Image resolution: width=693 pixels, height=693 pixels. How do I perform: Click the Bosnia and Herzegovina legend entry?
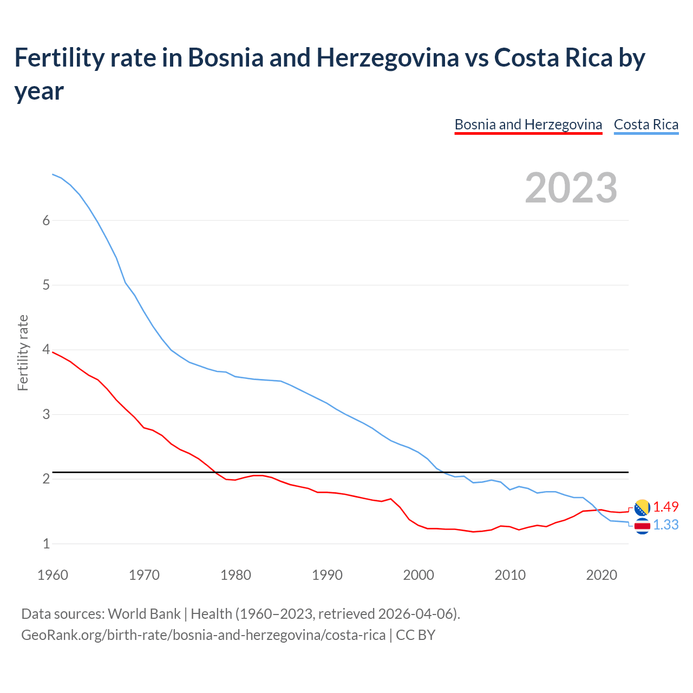(528, 125)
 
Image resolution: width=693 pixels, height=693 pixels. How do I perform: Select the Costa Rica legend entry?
(646, 125)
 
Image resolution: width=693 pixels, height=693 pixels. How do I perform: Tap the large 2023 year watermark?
(571, 187)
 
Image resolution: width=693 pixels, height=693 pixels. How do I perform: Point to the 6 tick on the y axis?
(46, 220)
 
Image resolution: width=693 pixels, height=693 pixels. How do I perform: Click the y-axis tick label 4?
(46, 350)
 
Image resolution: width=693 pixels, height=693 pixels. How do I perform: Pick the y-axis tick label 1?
(46, 544)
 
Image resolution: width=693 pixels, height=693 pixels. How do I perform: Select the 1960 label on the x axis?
(53, 574)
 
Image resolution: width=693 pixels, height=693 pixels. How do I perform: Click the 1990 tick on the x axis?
(327, 574)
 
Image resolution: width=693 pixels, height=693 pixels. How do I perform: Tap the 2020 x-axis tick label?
(602, 574)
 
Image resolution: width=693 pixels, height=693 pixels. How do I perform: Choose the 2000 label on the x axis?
(419, 574)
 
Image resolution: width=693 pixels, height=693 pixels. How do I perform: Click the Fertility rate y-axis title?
(23, 352)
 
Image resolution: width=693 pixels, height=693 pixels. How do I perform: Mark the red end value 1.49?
(665, 507)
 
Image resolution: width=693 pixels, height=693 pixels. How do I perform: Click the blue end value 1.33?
(665, 525)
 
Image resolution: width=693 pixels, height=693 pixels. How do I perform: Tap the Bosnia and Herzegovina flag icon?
(642, 507)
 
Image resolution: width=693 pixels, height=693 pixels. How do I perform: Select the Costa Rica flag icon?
(642, 526)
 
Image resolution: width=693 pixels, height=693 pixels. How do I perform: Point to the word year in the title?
(39, 91)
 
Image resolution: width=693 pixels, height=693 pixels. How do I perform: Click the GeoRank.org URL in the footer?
(203, 635)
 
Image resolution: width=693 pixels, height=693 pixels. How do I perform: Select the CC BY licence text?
(415, 635)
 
